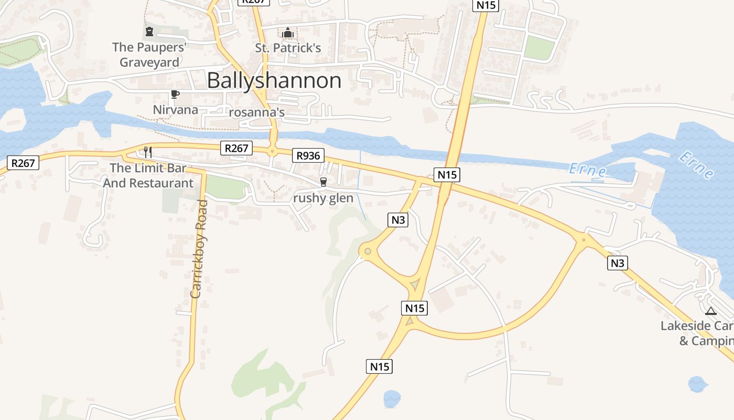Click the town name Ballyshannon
[274, 80]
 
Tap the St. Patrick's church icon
[288, 33]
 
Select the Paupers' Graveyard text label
[149, 55]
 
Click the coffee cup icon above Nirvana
[175, 94]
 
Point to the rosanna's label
[257, 112]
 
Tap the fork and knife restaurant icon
[148, 152]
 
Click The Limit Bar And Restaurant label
[148, 176]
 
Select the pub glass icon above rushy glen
[323, 182]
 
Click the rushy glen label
[323, 198]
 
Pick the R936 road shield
[308, 155]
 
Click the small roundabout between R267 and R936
[272, 152]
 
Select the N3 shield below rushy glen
[398, 219]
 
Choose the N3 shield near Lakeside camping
[618, 262]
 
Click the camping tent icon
[710, 311]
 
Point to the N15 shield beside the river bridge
[447, 174]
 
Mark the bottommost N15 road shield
[379, 366]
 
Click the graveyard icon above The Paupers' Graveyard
[149, 31]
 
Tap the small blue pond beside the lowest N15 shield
[392, 399]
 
